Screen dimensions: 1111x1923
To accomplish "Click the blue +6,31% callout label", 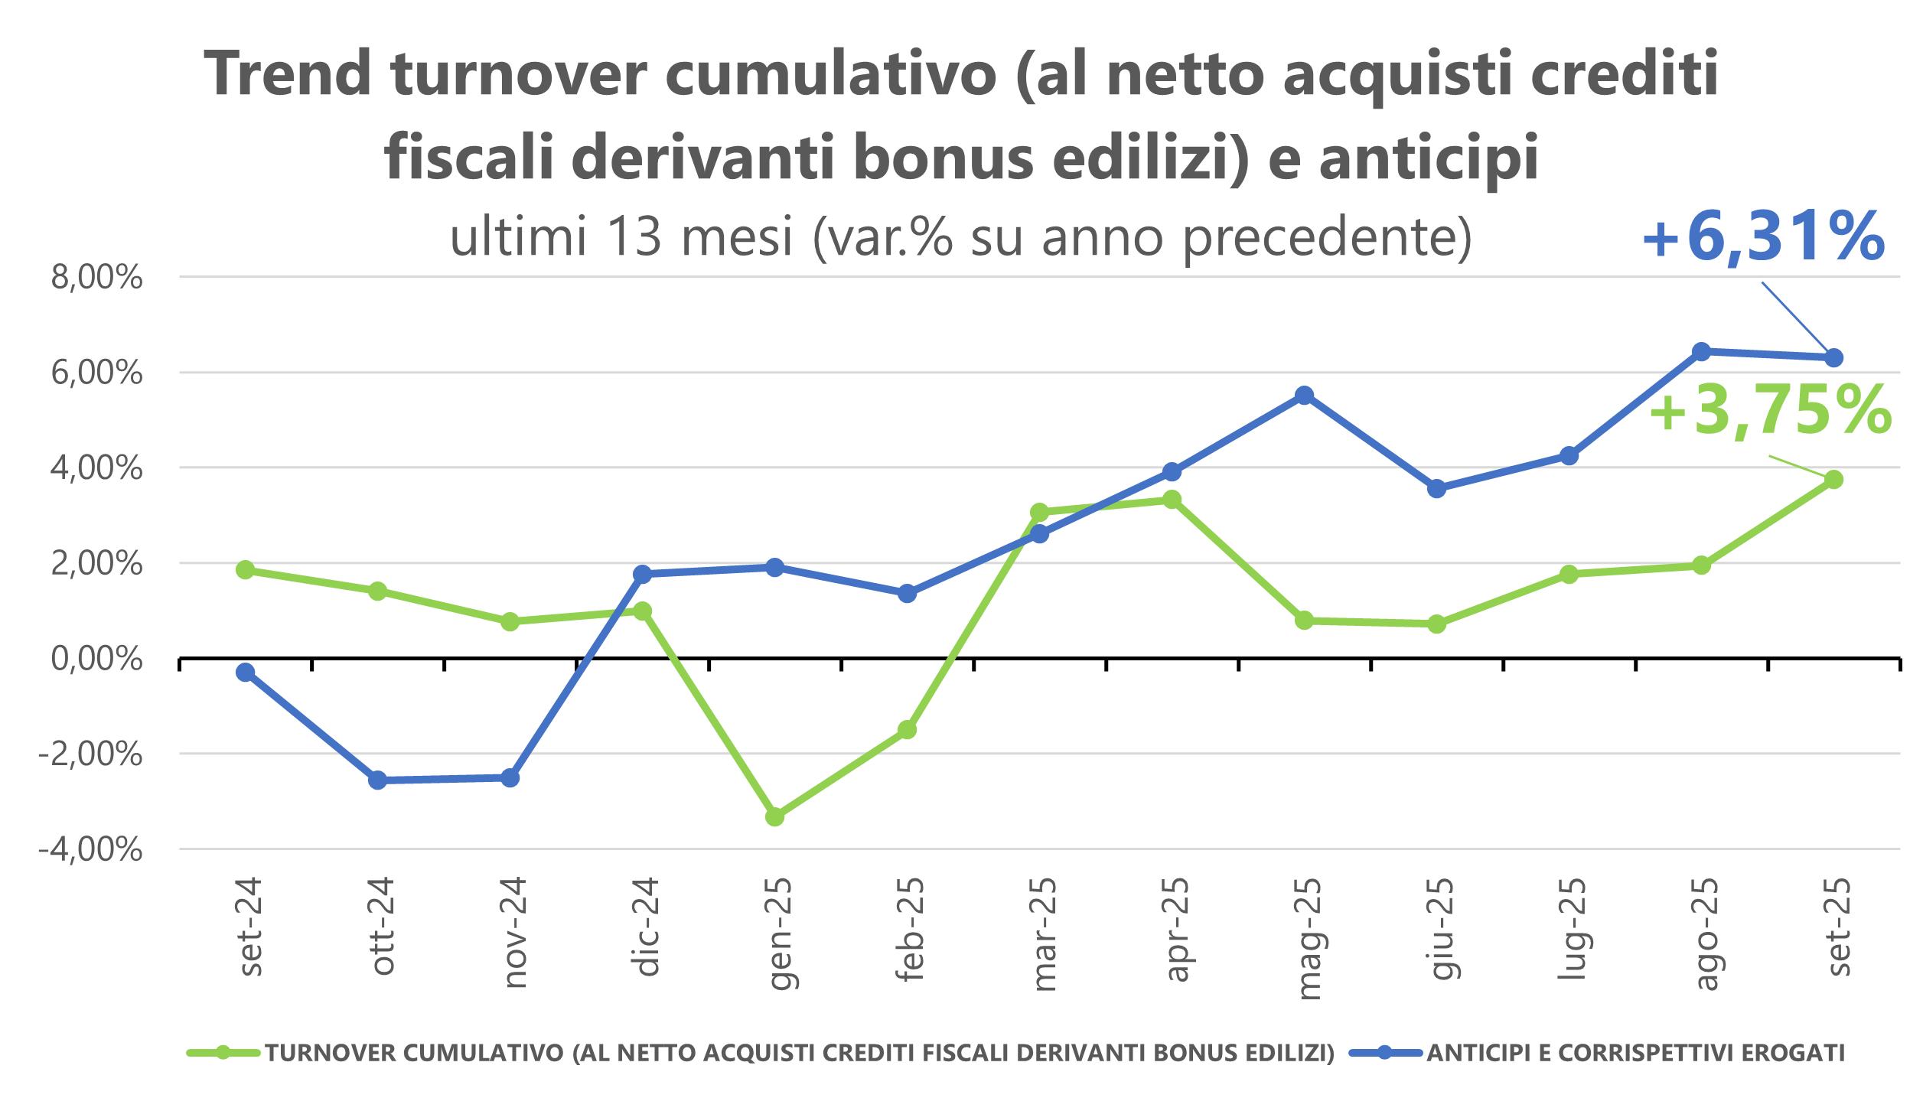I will click(1763, 237).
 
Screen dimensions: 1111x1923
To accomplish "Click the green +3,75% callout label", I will click(1770, 412).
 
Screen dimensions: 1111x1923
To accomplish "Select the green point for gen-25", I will click(775, 817).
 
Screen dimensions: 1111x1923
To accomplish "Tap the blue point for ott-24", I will click(378, 780).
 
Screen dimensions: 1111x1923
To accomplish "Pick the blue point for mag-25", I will click(1305, 396).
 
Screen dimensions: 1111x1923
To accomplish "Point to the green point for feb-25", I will click(908, 730).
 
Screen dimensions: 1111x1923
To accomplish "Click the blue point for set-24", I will click(246, 673).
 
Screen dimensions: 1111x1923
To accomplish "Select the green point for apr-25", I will click(1172, 500).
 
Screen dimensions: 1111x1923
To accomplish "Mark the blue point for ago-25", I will click(1702, 352).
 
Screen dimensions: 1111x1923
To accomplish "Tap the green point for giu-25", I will click(1437, 624).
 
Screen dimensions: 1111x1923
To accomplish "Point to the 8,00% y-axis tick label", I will click(97, 278).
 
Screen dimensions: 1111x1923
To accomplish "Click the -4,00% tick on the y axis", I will click(91, 849).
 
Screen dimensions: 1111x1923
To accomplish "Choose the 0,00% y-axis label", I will click(97, 659).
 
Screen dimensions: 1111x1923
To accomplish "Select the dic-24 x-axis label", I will click(647, 927).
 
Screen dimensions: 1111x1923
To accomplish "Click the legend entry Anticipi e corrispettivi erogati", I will click(1636, 1054).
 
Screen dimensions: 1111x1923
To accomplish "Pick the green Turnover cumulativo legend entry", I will click(800, 1054).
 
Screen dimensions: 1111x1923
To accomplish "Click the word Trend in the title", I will click(288, 74).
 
